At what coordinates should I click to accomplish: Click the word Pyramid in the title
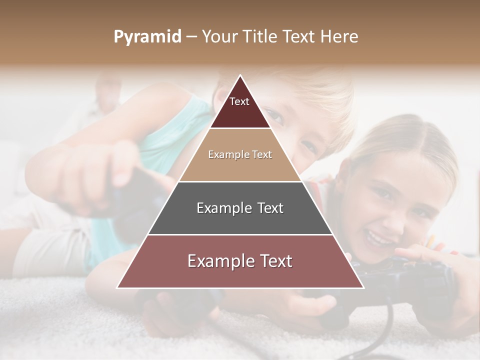(x=147, y=37)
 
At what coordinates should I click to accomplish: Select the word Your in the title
(x=219, y=37)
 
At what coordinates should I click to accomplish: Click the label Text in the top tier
(x=239, y=101)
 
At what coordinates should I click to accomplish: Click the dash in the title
(x=191, y=37)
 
